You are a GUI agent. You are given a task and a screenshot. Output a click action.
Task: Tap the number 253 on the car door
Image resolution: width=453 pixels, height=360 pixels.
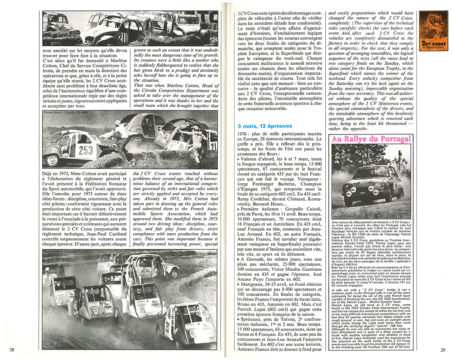(x=86, y=150)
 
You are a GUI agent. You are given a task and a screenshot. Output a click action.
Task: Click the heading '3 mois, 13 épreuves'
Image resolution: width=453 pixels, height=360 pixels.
(x=264, y=125)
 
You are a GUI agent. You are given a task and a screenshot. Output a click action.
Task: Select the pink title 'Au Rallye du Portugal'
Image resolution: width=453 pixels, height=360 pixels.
(x=371, y=139)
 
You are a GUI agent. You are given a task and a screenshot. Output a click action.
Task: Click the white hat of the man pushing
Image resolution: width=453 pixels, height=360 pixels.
(x=117, y=123)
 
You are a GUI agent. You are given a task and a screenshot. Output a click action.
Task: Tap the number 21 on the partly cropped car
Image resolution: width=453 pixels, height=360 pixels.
(x=212, y=147)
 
